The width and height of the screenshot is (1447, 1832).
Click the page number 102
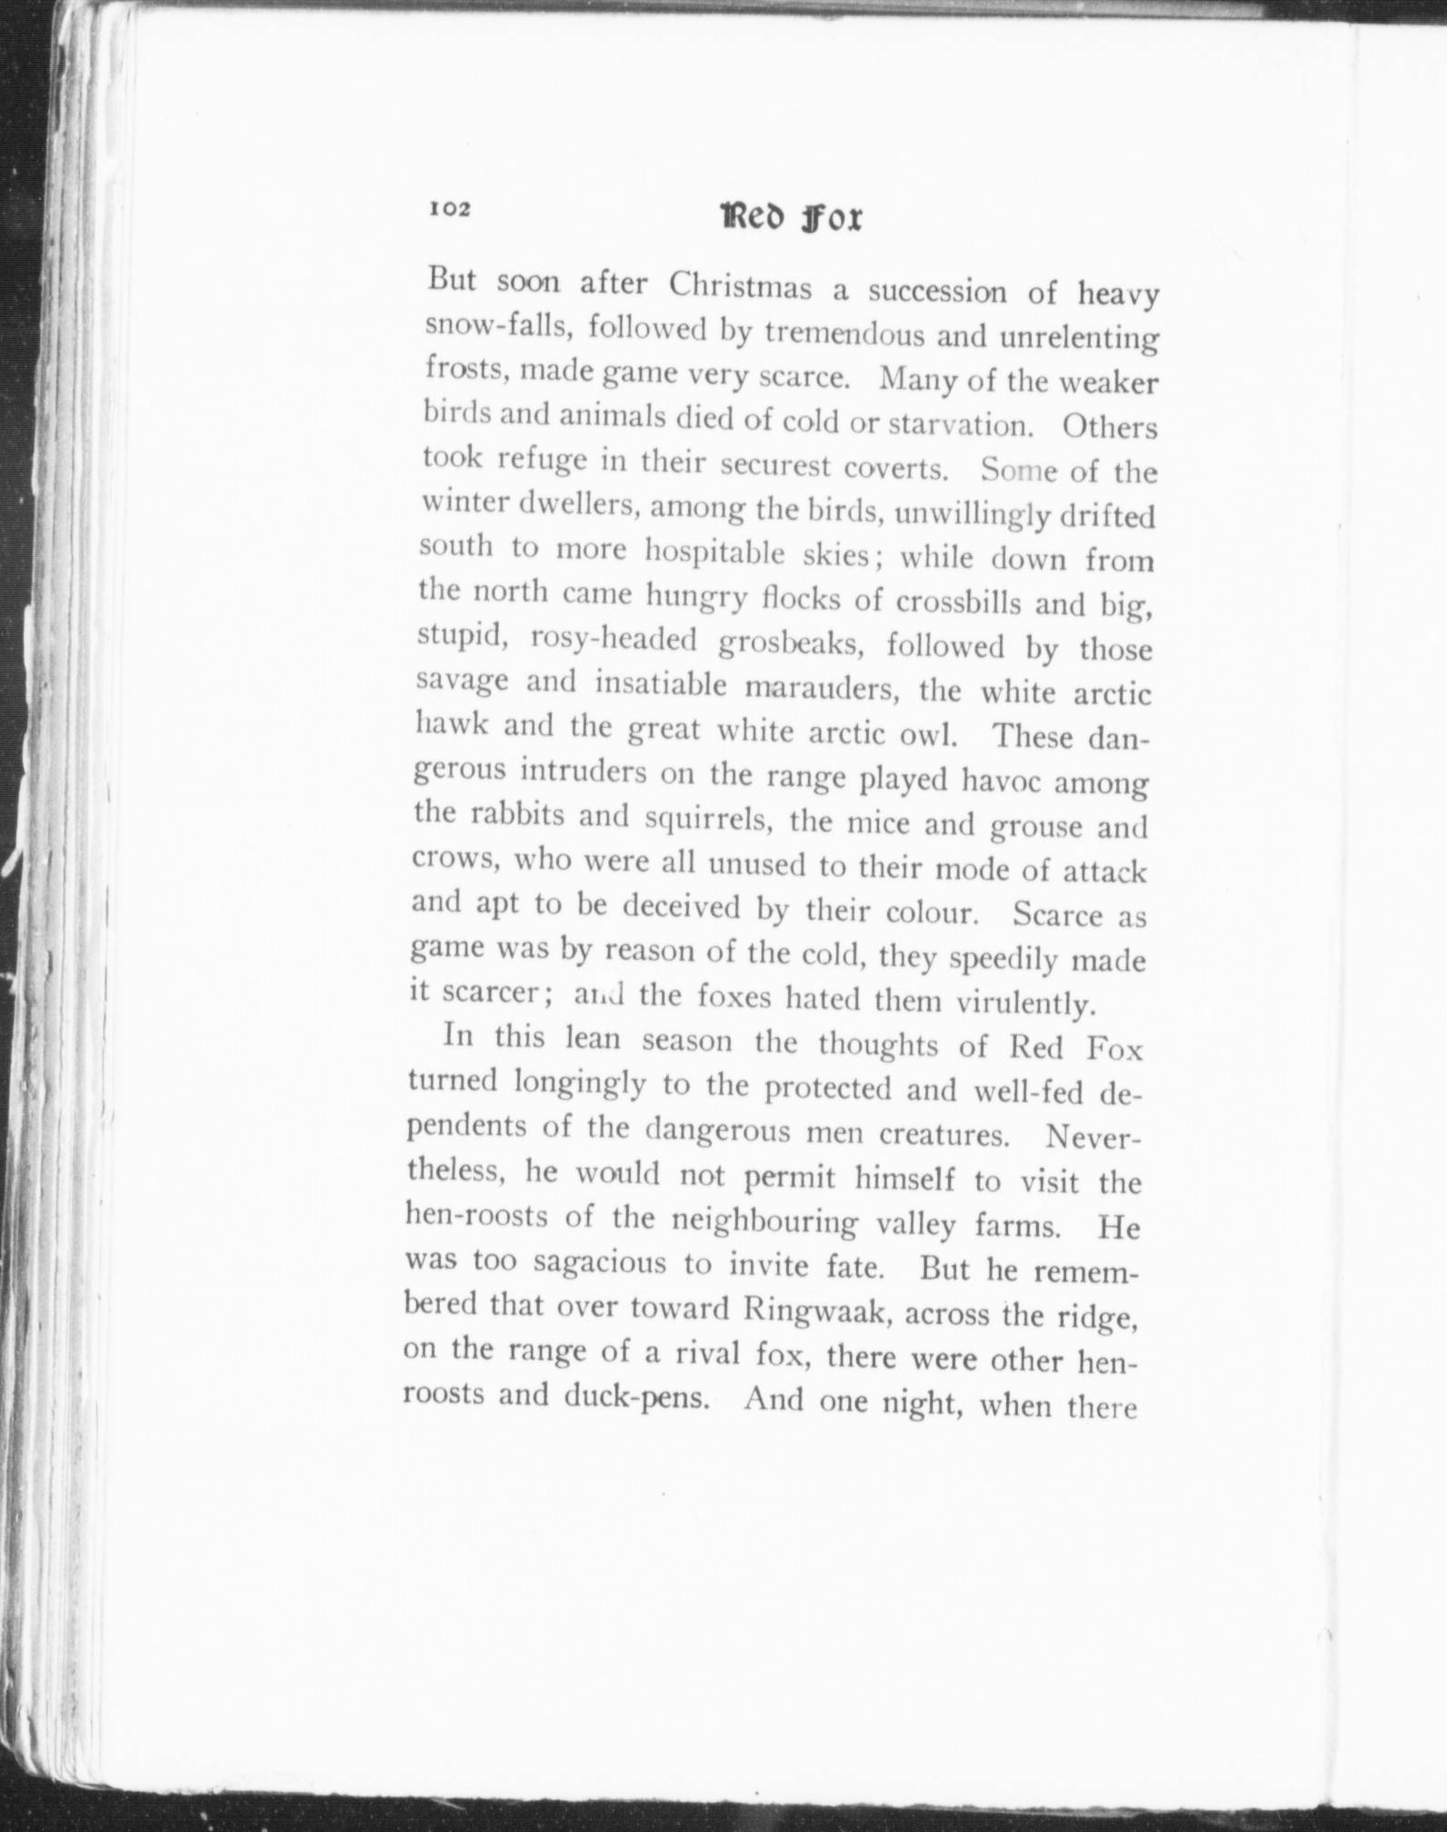point(450,210)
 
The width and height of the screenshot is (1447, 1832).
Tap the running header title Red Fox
point(791,218)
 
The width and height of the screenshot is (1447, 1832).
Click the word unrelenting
point(1079,339)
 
